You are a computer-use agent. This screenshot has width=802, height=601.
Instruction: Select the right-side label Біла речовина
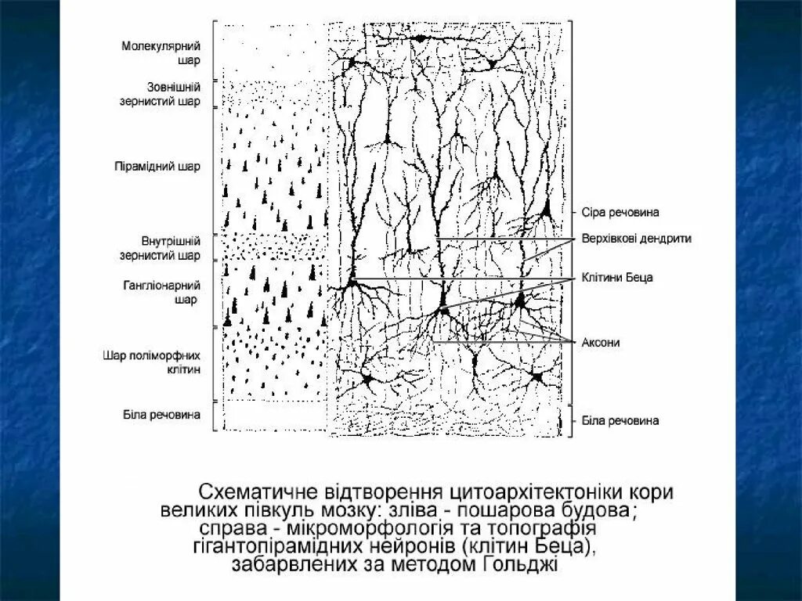tap(620, 420)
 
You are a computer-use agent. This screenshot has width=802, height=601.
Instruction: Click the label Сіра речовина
tap(620, 212)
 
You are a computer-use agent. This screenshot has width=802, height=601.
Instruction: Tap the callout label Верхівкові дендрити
tap(636, 238)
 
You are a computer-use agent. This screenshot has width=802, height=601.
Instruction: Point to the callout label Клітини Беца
tap(616, 277)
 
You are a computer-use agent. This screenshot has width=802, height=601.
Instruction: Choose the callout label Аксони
tap(601, 342)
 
